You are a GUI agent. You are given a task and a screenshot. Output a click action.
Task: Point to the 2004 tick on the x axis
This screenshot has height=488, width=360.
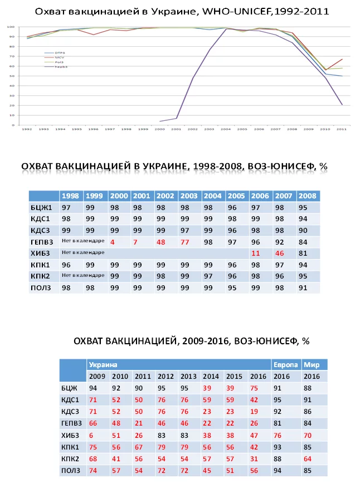click(x=225, y=129)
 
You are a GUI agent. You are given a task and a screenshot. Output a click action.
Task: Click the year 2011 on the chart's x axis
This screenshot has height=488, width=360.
click(x=341, y=129)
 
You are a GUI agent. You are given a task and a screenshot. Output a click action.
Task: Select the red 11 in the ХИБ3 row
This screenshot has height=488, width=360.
click(x=256, y=253)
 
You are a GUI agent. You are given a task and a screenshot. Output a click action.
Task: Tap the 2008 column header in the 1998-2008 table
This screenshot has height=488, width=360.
click(x=307, y=196)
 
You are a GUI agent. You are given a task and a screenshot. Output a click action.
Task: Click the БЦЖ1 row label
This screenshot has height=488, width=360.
click(x=43, y=207)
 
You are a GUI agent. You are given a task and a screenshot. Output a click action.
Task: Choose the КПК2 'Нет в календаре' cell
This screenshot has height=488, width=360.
click(x=83, y=276)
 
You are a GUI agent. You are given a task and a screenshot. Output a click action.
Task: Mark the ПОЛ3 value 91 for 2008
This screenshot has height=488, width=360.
click(x=304, y=287)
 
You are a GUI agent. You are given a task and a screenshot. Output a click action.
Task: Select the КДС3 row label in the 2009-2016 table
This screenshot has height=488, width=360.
click(x=71, y=412)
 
